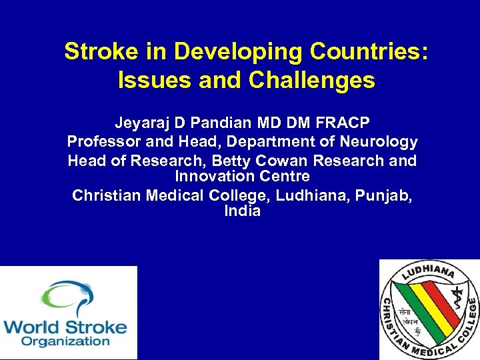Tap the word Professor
(x=103, y=142)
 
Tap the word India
(x=242, y=212)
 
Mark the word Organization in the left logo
(x=65, y=341)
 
